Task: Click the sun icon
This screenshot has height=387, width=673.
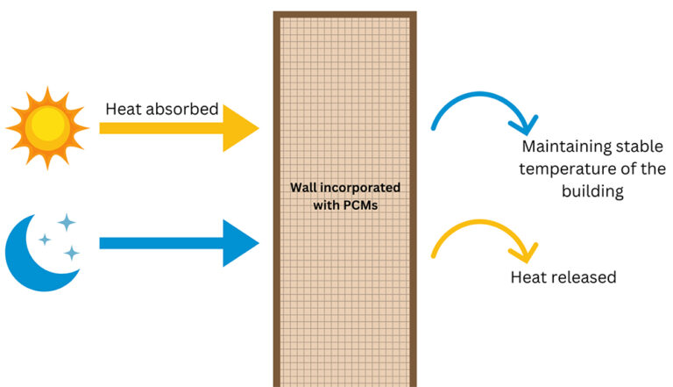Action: pyautogui.click(x=47, y=127)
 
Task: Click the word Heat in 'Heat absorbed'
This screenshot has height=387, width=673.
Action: pyautogui.click(x=124, y=110)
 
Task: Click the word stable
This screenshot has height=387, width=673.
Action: pyautogui.click(x=641, y=147)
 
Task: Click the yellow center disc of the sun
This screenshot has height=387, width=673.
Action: pyautogui.click(x=47, y=127)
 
